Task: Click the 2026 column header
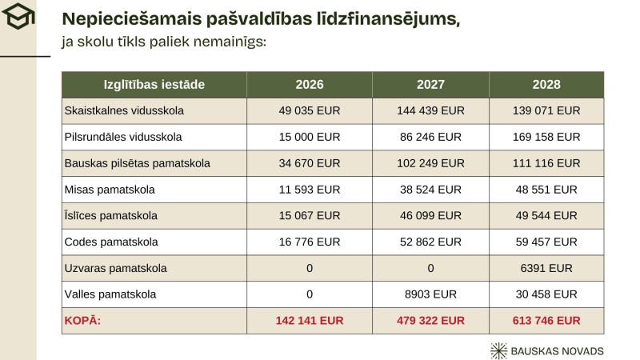(x=310, y=84)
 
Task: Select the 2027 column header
(x=430, y=84)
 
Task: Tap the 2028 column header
(x=546, y=84)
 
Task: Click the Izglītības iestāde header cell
(x=154, y=84)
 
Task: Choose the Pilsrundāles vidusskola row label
(x=123, y=137)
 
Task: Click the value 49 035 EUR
(x=310, y=110)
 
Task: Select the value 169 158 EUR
(x=546, y=137)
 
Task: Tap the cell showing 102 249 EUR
(x=430, y=163)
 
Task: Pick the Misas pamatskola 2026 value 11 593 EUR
(x=310, y=190)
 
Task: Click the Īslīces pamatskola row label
(x=110, y=216)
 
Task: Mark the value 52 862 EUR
(x=430, y=242)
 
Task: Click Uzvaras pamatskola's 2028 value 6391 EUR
(x=546, y=268)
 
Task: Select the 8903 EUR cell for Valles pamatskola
(x=430, y=294)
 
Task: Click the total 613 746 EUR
(x=546, y=321)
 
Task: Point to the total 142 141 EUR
(x=310, y=321)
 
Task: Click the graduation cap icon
(x=17, y=17)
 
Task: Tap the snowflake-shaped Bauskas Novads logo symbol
(x=499, y=350)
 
